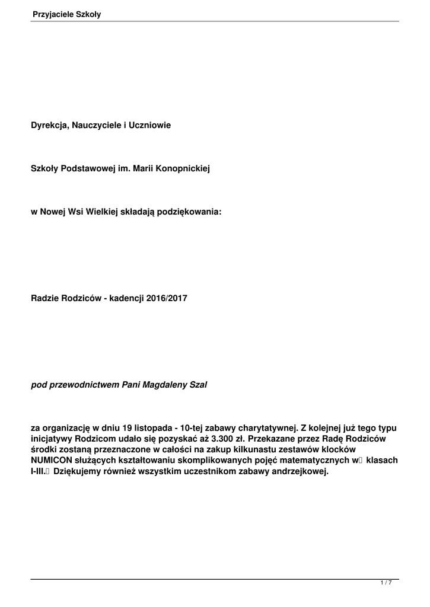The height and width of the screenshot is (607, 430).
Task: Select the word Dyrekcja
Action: (49, 126)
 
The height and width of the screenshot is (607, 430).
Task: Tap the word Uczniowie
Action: (151, 126)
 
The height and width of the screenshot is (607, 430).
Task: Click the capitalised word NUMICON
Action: (52, 461)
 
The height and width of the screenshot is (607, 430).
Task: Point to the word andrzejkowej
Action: (304, 472)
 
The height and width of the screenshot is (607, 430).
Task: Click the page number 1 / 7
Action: (386, 583)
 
